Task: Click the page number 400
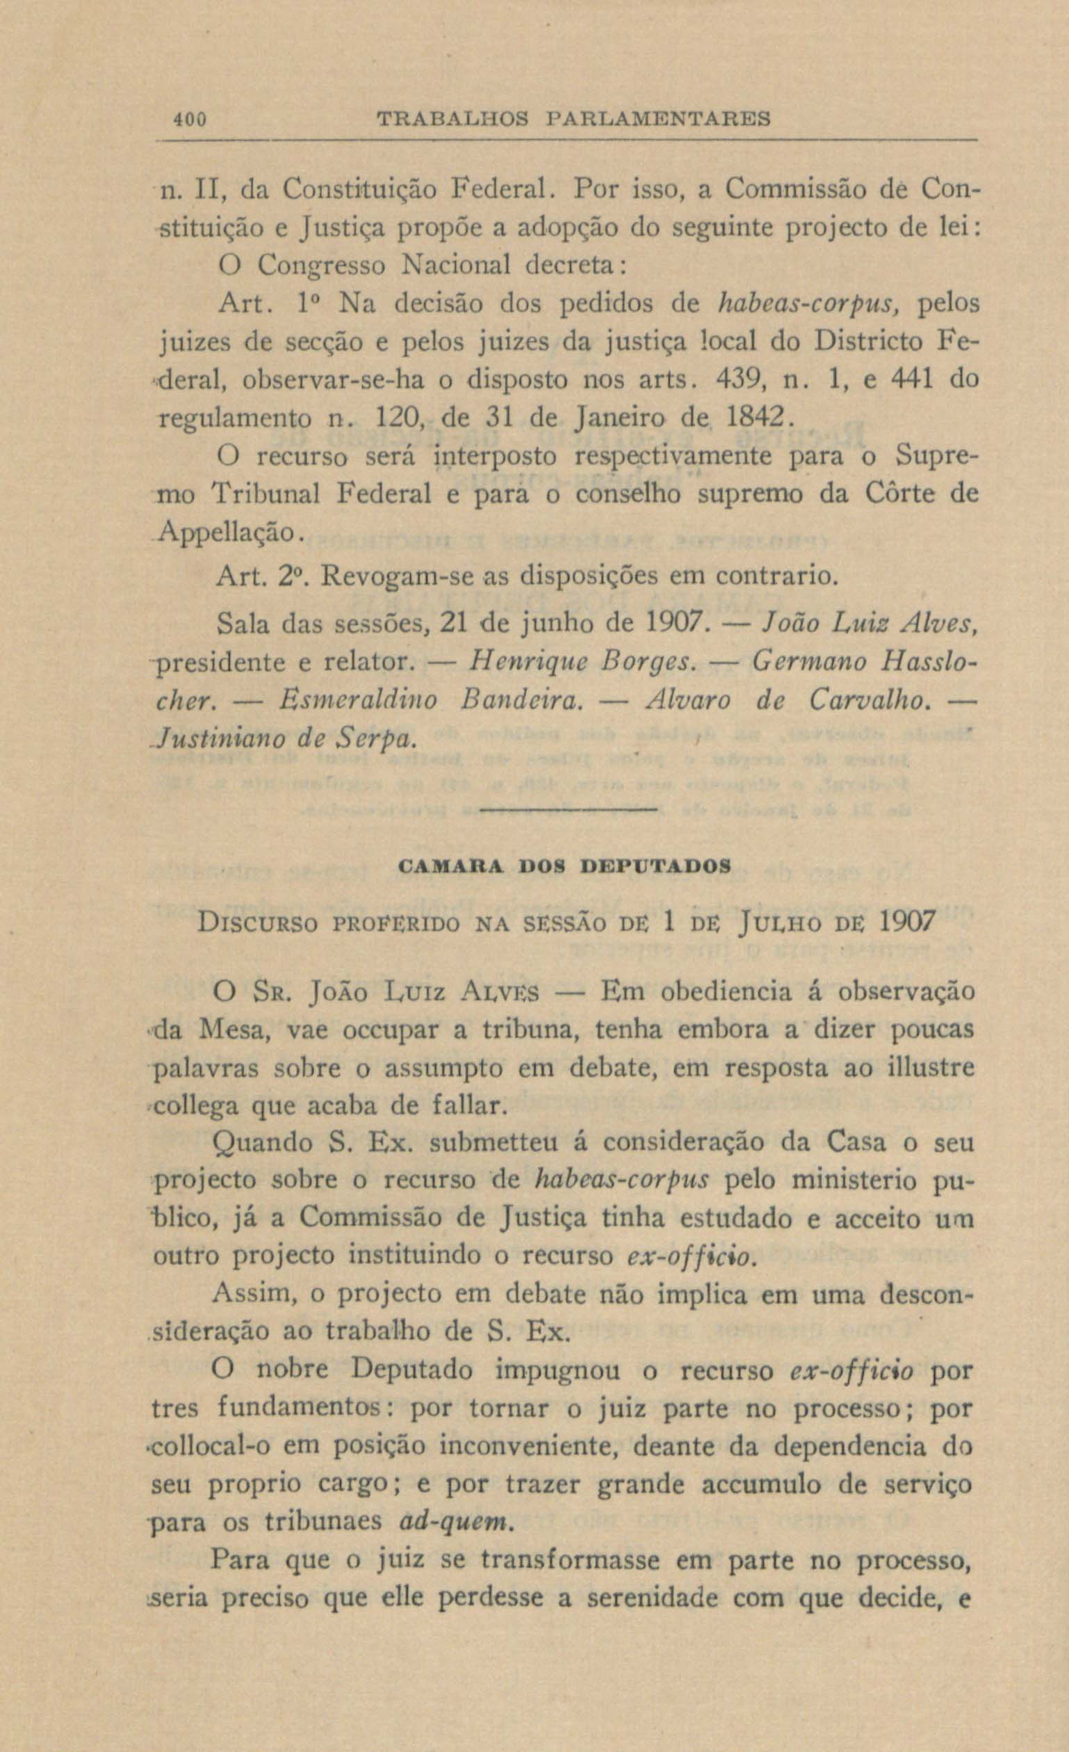pos(190,119)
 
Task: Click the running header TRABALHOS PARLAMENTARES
pos(574,118)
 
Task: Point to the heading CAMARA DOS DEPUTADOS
pos(565,867)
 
